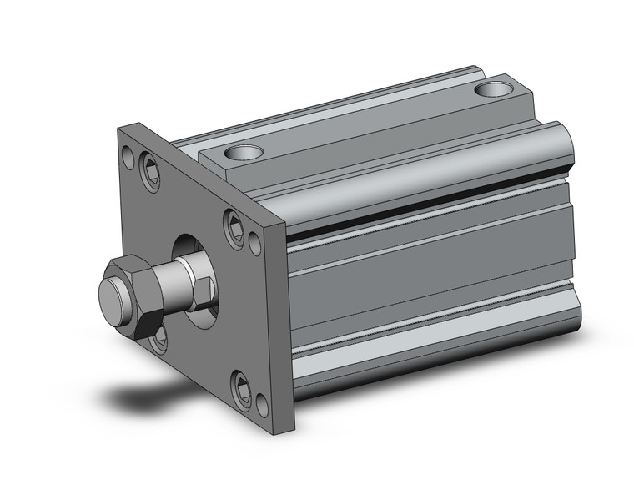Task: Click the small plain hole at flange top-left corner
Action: tap(127, 155)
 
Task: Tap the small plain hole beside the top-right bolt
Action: tap(254, 243)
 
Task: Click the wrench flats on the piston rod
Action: tap(200, 288)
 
